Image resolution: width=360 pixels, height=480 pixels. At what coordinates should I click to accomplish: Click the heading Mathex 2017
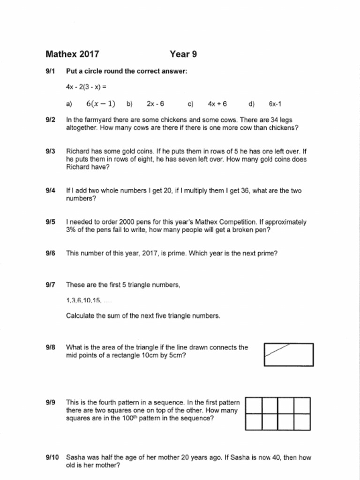72,54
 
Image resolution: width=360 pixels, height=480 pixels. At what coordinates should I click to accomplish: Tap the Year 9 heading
183,54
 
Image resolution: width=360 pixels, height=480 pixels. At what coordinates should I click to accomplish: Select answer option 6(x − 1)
101,104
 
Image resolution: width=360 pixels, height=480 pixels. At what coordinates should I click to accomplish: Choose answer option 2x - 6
155,104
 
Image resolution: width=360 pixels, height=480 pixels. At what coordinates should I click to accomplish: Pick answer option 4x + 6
217,104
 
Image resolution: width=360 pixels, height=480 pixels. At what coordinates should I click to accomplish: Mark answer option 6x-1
275,104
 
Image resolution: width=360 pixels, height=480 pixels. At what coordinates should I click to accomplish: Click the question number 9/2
51,120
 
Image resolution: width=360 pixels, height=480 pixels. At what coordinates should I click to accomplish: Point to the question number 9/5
51,222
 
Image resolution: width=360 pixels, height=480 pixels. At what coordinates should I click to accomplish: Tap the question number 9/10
52,457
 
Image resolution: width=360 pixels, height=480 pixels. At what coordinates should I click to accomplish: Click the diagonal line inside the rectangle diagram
277,351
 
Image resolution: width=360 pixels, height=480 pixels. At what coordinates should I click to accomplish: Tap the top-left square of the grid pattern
254,405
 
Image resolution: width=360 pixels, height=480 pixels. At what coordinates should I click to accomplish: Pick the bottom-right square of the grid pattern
302,422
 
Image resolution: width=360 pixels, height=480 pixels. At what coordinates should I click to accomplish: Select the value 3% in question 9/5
71,230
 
